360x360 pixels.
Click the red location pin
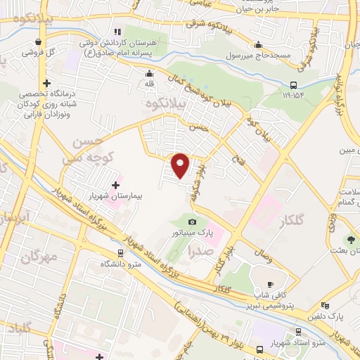(x=181, y=165)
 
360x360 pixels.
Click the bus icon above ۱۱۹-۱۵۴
(x=290, y=81)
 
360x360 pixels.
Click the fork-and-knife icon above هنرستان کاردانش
(x=117, y=31)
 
